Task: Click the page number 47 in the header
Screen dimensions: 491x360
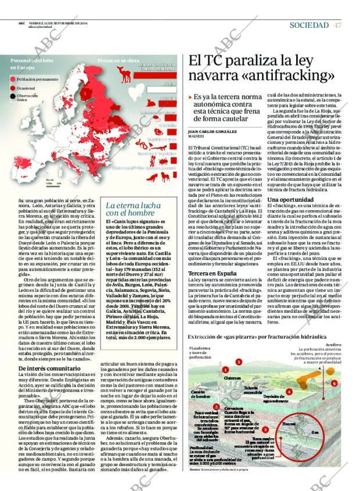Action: point(337,25)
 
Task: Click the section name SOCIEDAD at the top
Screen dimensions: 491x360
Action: point(309,25)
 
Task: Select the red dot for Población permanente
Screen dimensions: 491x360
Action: point(13,78)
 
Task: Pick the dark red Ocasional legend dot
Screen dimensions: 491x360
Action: point(13,88)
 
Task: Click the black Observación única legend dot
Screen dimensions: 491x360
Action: point(13,96)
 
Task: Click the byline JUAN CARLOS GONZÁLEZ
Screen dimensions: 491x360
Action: point(212,132)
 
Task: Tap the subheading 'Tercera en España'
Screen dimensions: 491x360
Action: point(208,273)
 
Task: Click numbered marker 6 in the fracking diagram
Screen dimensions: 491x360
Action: point(334,384)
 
